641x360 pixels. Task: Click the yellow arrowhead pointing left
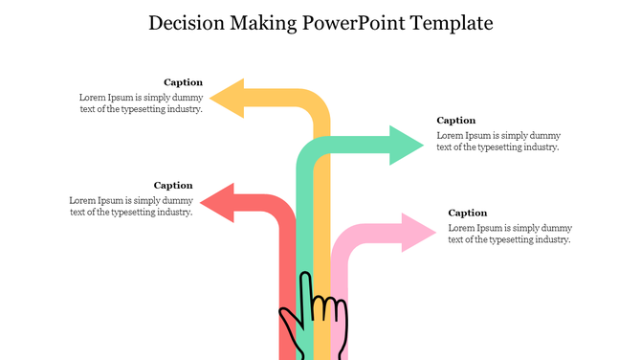[228, 98]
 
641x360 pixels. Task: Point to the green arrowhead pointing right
[407, 146]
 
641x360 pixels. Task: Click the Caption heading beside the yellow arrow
[183, 82]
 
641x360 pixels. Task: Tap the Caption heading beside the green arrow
[456, 121]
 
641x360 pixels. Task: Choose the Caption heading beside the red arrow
[173, 185]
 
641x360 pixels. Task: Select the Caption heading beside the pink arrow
[468, 213]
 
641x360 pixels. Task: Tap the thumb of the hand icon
[288, 319]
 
